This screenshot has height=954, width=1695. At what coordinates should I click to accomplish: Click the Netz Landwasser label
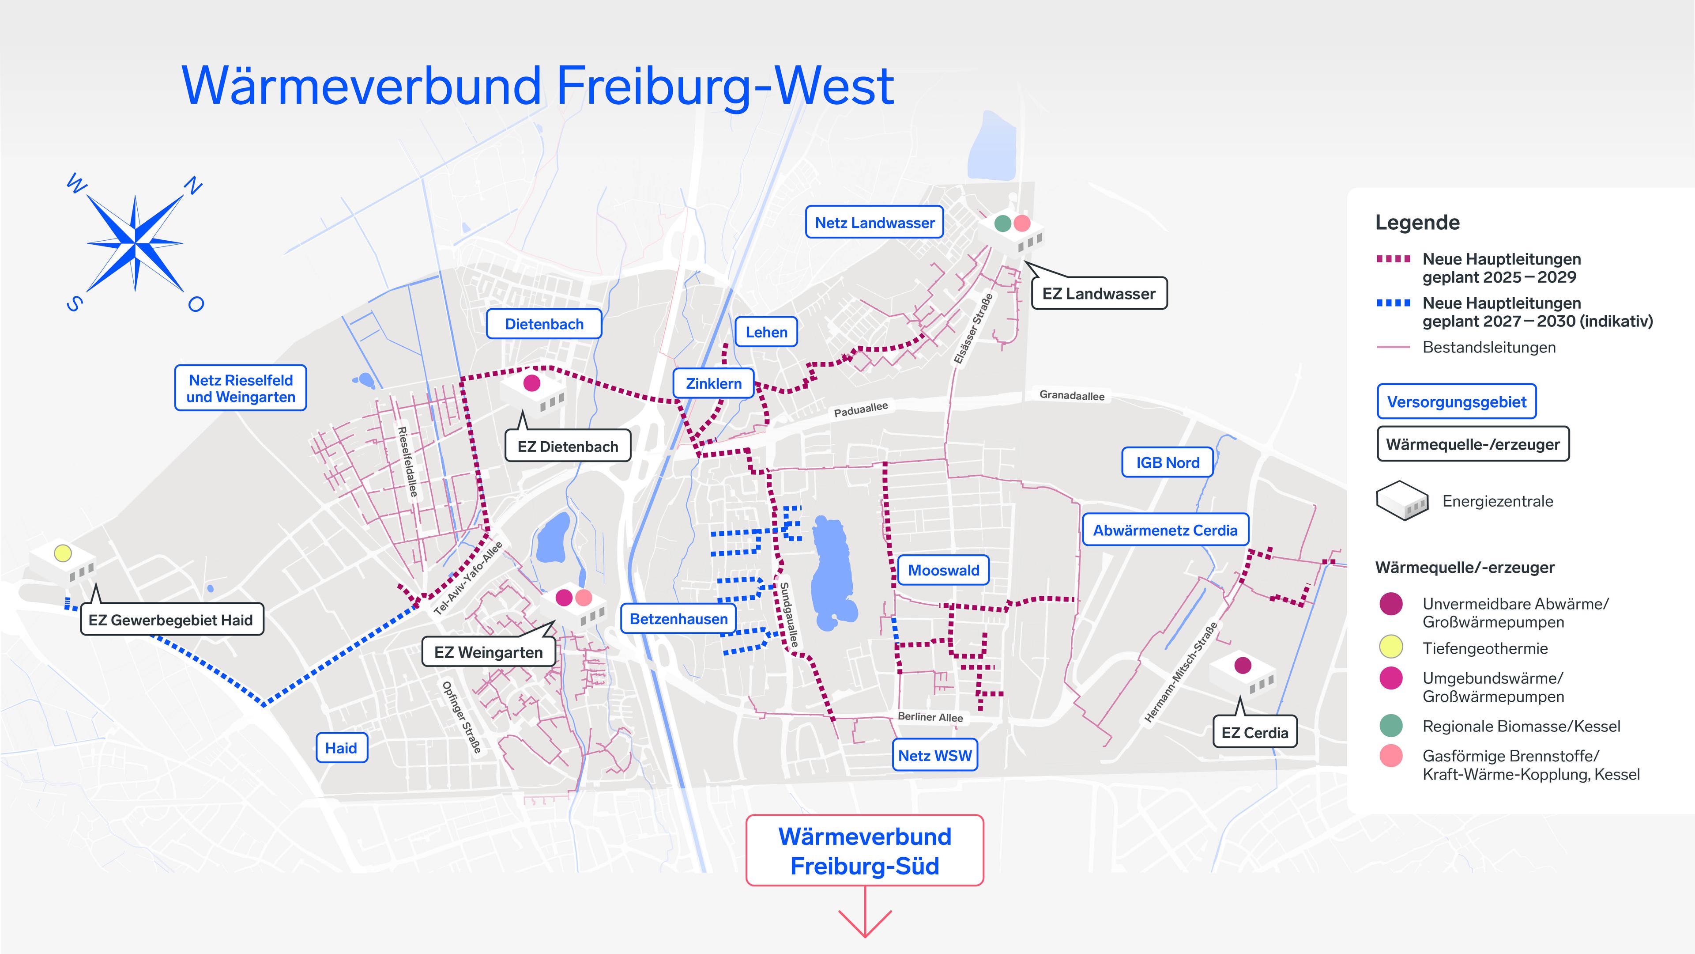click(874, 223)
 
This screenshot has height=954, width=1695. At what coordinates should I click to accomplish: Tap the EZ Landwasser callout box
click(1098, 294)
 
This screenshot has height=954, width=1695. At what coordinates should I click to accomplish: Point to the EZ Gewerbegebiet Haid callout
click(171, 620)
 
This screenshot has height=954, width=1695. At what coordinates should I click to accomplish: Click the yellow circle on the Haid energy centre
click(63, 553)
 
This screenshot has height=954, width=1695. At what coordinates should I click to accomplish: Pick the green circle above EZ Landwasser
click(1002, 223)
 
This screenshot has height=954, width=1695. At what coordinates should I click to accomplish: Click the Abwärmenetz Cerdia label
click(1165, 530)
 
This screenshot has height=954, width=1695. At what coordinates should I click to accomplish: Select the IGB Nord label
click(1167, 462)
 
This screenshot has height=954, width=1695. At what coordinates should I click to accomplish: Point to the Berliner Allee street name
click(930, 717)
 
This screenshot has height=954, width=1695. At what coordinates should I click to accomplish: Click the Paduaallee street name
click(861, 409)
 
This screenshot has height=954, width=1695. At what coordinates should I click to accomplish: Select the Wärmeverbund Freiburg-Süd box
click(865, 851)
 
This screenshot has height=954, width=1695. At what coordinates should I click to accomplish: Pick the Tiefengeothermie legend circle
click(1391, 647)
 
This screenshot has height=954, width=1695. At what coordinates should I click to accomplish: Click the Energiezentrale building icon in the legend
click(1402, 501)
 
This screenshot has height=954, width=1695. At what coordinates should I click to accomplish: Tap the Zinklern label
click(713, 383)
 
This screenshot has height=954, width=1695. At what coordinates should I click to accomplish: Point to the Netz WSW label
click(934, 755)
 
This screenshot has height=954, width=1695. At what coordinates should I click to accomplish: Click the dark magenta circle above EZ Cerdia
click(1242, 665)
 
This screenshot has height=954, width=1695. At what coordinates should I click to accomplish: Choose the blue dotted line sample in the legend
click(1394, 303)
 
